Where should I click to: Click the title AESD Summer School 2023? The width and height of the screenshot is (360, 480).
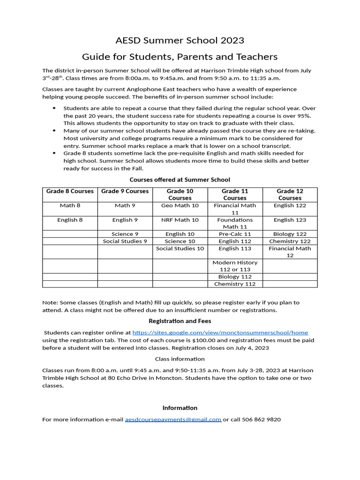click(180, 40)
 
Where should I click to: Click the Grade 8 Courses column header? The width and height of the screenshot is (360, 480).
click(70, 191)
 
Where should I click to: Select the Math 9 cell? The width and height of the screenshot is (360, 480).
click(125, 206)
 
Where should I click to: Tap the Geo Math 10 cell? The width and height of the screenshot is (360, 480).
click(180, 206)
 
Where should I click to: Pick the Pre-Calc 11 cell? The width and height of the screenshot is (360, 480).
click(235, 234)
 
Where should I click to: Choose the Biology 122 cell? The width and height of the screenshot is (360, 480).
click(290, 234)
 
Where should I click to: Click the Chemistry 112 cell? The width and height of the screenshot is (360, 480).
click(235, 284)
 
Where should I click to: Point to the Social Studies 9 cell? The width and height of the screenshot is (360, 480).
click(125, 241)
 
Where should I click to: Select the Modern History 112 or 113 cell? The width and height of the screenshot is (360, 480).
click(235, 266)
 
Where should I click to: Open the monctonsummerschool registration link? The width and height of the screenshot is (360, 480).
click(220, 332)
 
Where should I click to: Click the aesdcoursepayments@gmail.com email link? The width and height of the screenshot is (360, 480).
click(173, 420)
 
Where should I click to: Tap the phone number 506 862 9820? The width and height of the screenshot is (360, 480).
click(261, 420)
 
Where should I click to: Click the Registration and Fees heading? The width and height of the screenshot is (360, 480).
click(180, 321)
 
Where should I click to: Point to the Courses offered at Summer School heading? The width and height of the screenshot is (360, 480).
click(180, 180)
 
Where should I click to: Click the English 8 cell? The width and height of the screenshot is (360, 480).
click(70, 220)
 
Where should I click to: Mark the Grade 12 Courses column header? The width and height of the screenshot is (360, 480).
click(290, 195)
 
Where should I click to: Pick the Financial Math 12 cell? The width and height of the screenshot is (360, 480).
click(290, 252)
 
